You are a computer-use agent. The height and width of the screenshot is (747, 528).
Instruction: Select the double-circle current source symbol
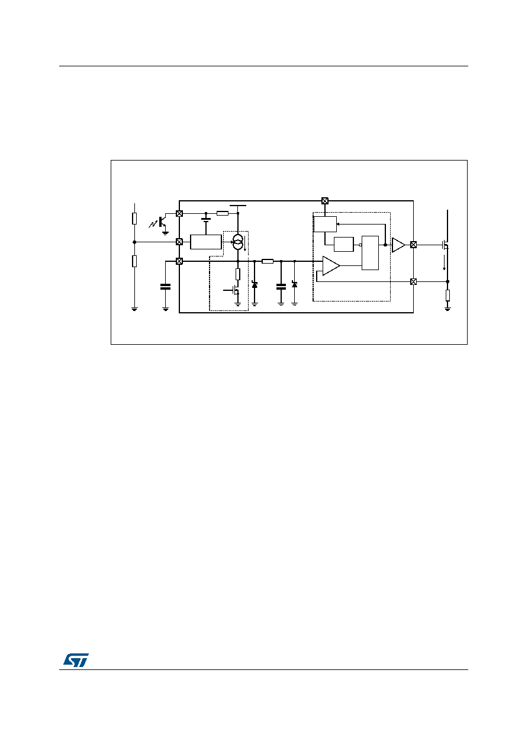(237, 242)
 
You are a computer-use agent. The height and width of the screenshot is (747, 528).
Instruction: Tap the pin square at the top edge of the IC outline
(325, 201)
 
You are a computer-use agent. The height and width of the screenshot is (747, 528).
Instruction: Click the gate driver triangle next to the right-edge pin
(398, 245)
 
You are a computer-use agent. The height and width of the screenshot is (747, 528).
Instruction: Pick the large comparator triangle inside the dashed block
(331, 266)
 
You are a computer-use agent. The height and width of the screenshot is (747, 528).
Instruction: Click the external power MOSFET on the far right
(445, 246)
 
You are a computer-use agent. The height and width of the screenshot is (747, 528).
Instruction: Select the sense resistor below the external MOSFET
(447, 296)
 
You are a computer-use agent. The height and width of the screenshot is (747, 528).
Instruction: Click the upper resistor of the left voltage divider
(134, 219)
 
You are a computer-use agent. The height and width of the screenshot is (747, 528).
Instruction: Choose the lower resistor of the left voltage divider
(134, 261)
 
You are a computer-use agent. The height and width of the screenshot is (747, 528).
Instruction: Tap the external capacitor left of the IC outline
(165, 287)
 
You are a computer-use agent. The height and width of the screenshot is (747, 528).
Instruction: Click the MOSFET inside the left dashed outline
(234, 291)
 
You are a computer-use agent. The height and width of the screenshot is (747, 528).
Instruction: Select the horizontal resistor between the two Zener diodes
(268, 261)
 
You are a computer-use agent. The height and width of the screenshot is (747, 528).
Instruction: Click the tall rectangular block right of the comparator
(370, 253)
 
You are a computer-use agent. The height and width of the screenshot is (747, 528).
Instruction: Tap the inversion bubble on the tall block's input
(360, 245)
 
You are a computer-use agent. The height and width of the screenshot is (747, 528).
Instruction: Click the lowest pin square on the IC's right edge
(413, 282)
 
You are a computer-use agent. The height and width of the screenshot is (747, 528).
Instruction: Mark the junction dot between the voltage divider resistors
(134, 242)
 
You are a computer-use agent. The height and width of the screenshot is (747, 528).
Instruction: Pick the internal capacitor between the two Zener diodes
(281, 287)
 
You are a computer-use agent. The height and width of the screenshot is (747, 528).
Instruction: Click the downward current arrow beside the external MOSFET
(444, 262)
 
